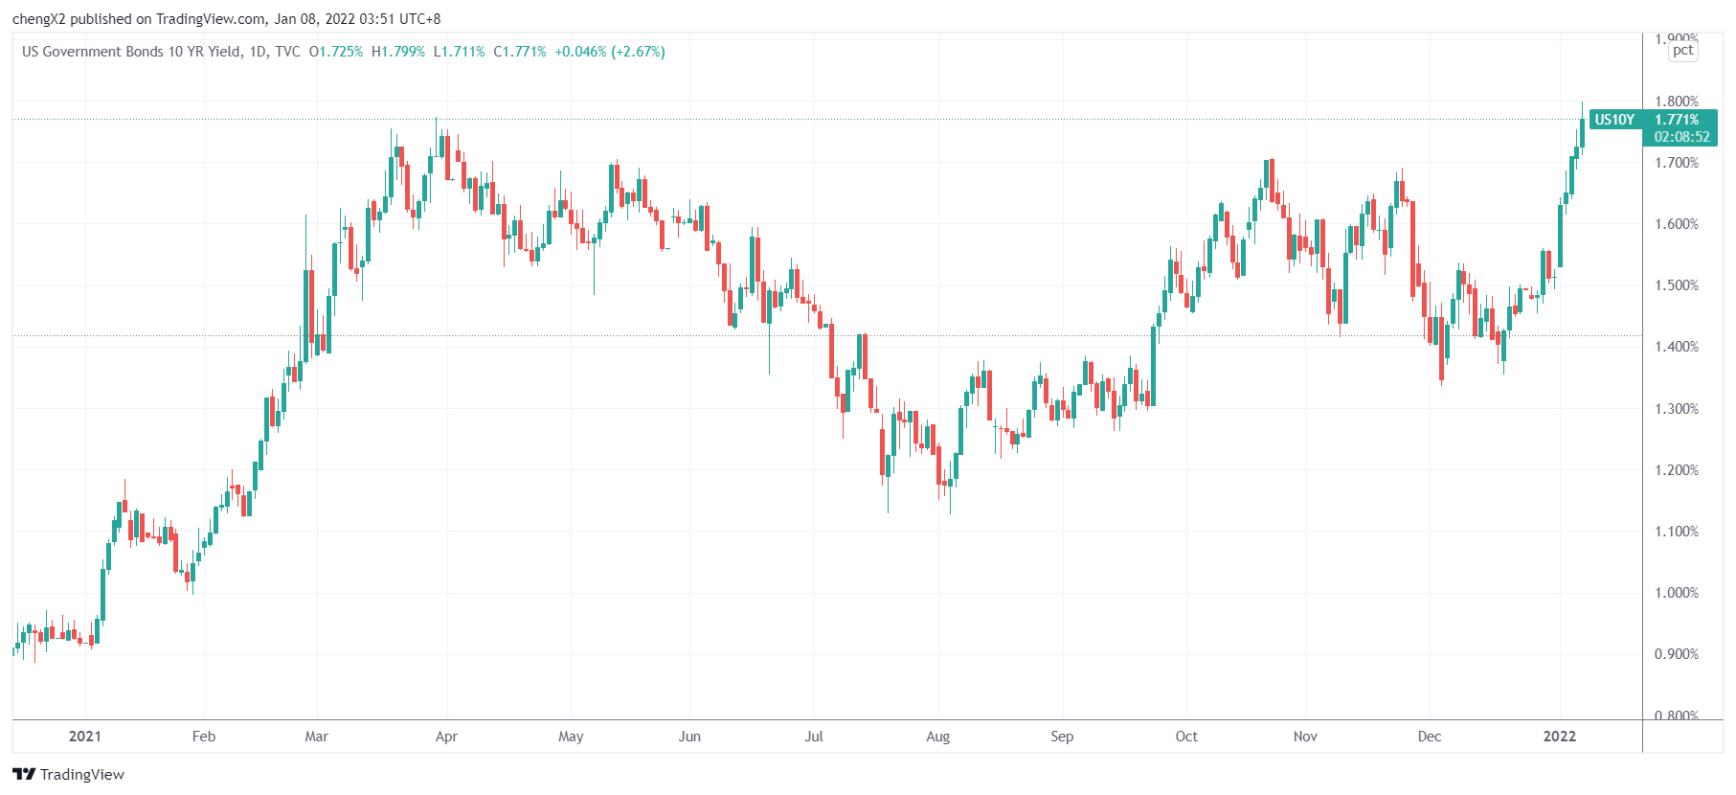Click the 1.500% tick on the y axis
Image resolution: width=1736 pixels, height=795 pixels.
(1676, 285)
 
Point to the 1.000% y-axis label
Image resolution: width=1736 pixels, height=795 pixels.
(1676, 593)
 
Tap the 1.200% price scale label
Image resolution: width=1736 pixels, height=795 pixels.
(1676, 470)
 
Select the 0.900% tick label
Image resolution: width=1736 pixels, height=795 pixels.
(1676, 654)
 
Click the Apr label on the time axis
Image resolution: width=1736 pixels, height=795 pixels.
(446, 737)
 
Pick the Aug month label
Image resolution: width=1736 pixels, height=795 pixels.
(937, 737)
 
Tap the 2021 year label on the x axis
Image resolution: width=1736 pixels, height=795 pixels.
(85, 737)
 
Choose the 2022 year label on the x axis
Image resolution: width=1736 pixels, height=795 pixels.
(1560, 737)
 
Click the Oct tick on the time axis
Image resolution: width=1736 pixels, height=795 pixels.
(1186, 737)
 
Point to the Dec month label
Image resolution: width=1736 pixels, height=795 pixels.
(1429, 737)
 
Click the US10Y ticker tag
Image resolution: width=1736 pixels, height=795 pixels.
(1614, 120)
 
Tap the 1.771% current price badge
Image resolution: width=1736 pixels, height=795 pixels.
(1677, 120)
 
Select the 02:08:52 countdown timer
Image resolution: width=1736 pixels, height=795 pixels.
(1681, 137)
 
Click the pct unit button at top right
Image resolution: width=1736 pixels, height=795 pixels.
(1682, 51)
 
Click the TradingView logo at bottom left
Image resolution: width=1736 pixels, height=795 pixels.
(69, 774)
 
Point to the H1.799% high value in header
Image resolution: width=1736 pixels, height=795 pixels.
(398, 52)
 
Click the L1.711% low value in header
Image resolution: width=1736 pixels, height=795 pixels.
(460, 52)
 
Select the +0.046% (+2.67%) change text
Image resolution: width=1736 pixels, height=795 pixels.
(610, 52)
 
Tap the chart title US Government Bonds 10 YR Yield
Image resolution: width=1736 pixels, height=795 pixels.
(131, 52)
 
